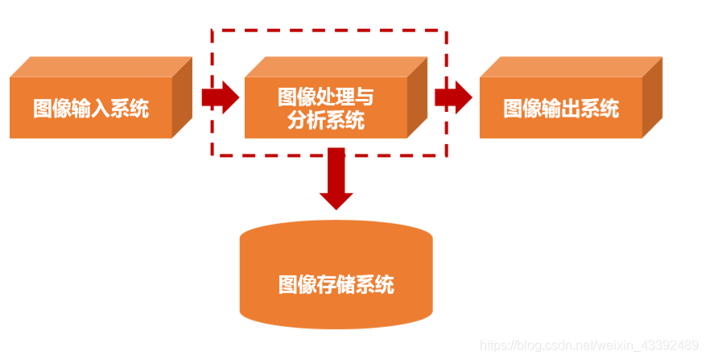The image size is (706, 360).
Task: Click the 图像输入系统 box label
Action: click(91, 109)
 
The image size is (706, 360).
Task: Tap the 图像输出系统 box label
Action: click(561, 109)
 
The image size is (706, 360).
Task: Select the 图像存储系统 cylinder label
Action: click(336, 284)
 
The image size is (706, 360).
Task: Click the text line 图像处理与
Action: click(325, 97)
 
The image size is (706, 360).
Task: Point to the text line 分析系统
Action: click(325, 121)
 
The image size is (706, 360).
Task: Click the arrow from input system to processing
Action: click(220, 97)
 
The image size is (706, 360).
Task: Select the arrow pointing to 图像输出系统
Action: click(453, 97)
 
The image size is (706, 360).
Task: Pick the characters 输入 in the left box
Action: click(91, 109)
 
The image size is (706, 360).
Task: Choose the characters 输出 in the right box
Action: click(561, 109)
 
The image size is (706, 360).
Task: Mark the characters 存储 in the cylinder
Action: click(336, 284)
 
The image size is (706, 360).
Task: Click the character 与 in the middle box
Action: click(365, 97)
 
